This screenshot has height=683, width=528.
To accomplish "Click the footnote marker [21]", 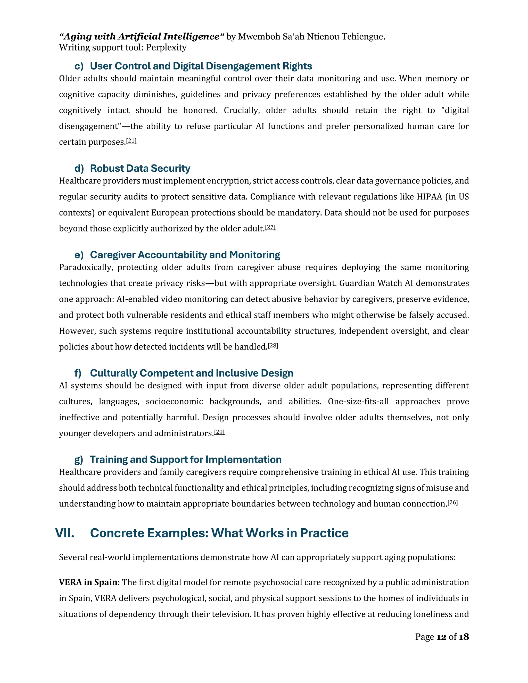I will pyautogui.click(x=131, y=141).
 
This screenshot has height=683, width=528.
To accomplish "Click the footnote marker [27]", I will pyautogui.click(x=270, y=227).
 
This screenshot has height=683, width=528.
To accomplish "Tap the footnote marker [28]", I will pyautogui.click(x=273, y=346).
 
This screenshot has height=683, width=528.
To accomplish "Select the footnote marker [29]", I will pyautogui.click(x=219, y=432).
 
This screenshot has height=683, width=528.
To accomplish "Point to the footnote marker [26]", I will pyautogui.click(x=453, y=503).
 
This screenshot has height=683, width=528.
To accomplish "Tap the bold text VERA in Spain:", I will pyautogui.click(x=89, y=582).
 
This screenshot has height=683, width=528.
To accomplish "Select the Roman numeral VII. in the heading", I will pyautogui.click(x=65, y=533).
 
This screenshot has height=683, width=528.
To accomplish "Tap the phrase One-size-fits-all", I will pyautogui.click(x=358, y=402).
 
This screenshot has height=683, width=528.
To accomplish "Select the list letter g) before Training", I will pyautogui.click(x=79, y=460).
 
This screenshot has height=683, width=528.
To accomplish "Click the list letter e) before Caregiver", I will pyautogui.click(x=79, y=255).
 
